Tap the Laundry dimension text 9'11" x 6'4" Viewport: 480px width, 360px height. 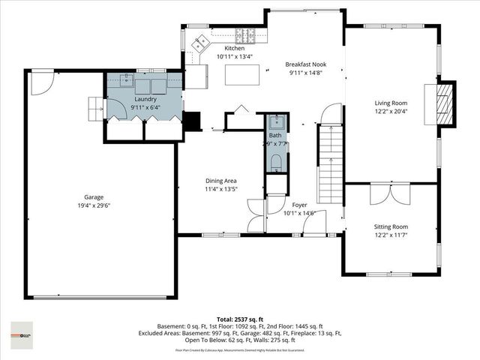tap(145, 107)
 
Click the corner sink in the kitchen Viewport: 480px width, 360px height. tap(201, 43)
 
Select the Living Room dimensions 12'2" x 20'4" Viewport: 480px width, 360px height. tap(391, 112)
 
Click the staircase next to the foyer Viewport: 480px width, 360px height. tap(331, 161)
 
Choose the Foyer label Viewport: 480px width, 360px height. tap(298, 204)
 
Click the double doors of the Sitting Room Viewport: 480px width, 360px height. tap(391, 193)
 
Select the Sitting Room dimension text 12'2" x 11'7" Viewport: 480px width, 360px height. tap(391, 234)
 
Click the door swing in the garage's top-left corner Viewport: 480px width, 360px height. tap(43, 82)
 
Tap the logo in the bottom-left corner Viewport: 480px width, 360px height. tap(22, 331)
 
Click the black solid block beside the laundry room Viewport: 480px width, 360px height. tap(192, 121)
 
